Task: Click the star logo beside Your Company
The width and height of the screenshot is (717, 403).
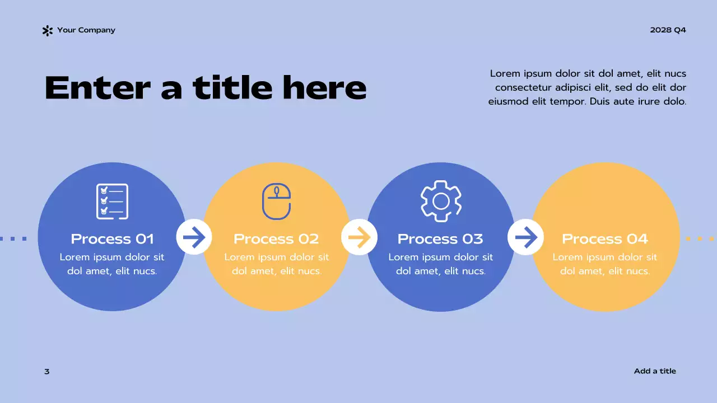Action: tap(48, 31)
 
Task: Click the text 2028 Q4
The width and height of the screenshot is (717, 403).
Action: tap(668, 30)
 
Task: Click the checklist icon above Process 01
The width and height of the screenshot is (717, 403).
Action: tap(112, 201)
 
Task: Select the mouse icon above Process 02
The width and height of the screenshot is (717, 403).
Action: tap(277, 201)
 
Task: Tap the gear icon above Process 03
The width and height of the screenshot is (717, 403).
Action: tap(441, 201)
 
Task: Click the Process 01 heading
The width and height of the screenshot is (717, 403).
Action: tap(112, 239)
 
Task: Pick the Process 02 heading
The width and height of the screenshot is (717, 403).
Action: tap(276, 239)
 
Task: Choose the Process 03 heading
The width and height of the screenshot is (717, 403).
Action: tap(440, 239)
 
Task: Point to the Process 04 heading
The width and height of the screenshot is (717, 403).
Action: tap(605, 239)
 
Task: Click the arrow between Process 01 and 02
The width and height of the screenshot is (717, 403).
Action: tap(194, 237)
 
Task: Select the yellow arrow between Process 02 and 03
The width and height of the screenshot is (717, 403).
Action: tap(359, 237)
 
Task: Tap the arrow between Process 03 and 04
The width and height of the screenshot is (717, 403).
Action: tap(525, 237)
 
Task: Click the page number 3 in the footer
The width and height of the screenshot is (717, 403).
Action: tap(47, 372)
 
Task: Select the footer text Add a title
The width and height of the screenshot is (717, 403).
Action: tap(655, 371)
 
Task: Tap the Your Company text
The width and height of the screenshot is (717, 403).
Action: tap(86, 30)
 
